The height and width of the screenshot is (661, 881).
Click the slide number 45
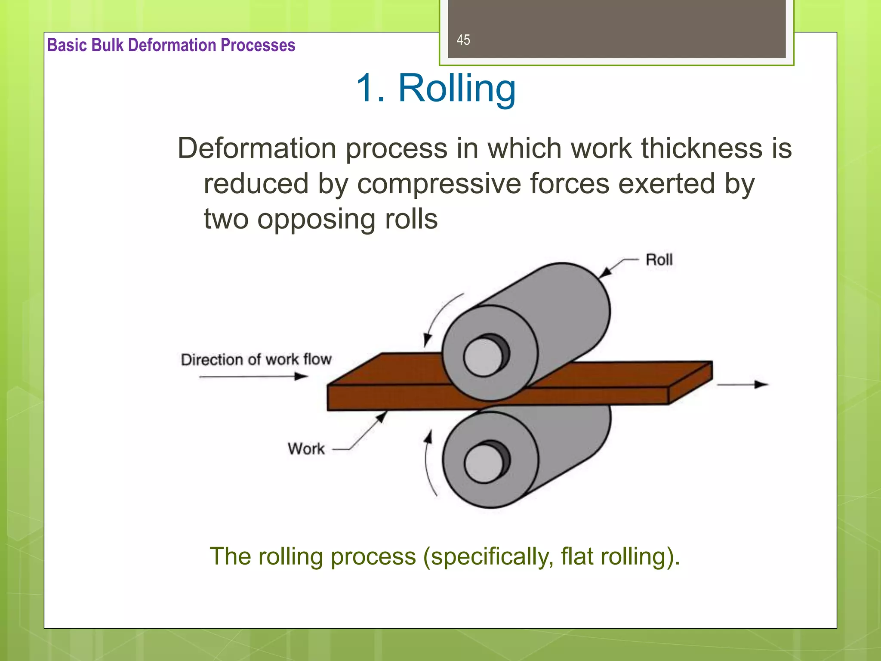(x=463, y=40)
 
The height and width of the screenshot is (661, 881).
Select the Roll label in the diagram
(x=659, y=260)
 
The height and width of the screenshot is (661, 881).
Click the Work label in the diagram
(x=306, y=449)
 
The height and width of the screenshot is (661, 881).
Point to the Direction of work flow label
(x=256, y=359)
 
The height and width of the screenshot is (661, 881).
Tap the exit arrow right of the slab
(x=742, y=385)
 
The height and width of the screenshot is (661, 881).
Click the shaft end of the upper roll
(x=484, y=357)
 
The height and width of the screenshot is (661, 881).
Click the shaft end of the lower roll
(x=484, y=463)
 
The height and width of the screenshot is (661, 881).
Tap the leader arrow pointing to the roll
(x=615, y=267)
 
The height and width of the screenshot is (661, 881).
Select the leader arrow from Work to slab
(x=366, y=430)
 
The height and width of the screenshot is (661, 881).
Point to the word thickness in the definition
(x=701, y=149)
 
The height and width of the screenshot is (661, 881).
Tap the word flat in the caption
(x=576, y=556)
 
